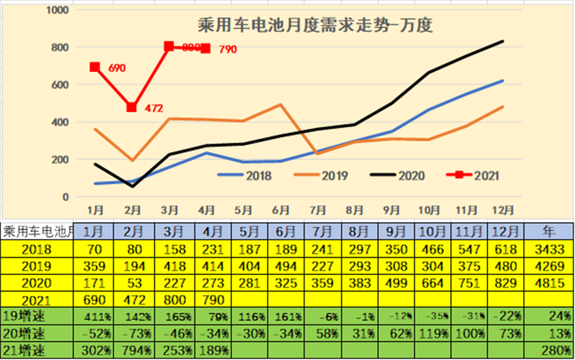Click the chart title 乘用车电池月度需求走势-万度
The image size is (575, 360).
[x=315, y=26]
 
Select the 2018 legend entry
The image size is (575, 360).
[x=245, y=175]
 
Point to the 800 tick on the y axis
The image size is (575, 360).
[x=59, y=48]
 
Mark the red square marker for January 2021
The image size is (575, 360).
[x=95, y=67]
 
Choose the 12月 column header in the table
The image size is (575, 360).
[x=505, y=231]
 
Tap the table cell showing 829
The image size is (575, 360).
[x=505, y=281]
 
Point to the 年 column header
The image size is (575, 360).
[x=548, y=231]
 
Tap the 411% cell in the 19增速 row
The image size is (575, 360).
[x=95, y=316]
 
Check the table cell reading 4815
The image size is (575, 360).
[x=548, y=281]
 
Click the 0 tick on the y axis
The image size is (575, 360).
[x=65, y=197]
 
